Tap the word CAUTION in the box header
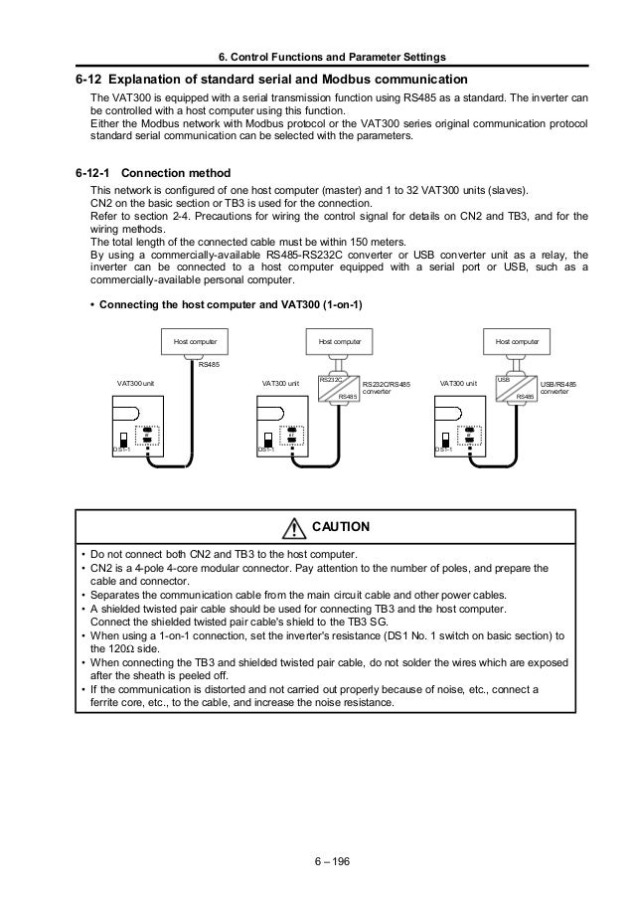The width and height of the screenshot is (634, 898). point(341,526)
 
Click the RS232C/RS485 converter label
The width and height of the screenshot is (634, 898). point(386,387)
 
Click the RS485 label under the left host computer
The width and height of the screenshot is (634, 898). point(209,365)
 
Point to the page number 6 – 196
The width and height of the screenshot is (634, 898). point(317,862)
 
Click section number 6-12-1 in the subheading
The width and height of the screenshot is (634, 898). point(97,171)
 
